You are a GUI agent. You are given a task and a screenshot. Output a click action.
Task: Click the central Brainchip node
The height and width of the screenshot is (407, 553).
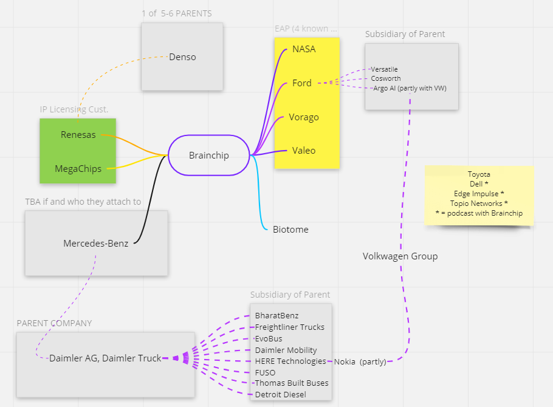point(208,156)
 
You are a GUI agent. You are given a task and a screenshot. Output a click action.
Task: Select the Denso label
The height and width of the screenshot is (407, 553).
point(182,57)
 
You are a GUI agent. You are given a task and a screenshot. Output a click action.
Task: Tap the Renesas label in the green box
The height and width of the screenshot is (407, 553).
point(78,135)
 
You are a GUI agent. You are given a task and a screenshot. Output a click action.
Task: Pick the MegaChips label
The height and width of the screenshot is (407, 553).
point(78,168)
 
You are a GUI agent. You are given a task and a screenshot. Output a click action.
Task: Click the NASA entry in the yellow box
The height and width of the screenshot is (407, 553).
point(304,49)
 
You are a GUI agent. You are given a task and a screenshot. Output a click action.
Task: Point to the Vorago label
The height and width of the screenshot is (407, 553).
point(304,117)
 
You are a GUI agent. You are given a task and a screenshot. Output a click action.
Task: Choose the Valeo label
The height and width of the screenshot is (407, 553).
point(304,151)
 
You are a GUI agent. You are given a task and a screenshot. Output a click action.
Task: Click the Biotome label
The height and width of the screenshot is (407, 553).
point(290,230)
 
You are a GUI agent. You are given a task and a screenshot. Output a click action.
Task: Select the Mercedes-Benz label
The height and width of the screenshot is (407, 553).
point(96,244)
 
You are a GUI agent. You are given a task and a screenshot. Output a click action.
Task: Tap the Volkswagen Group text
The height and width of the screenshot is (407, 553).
point(400,256)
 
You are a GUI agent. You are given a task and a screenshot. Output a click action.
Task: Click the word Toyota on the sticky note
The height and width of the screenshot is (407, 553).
point(479,174)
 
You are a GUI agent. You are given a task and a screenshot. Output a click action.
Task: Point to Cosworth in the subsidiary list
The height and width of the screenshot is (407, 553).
point(385,78)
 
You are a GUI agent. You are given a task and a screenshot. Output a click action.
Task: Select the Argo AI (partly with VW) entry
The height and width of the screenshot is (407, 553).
point(410,88)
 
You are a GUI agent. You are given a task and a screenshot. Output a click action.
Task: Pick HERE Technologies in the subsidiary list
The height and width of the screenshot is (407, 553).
point(290,361)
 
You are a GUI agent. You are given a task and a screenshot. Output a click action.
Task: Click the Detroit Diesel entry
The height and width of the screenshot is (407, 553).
point(280,395)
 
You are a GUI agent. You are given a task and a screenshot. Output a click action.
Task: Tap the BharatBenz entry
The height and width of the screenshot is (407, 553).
point(276,316)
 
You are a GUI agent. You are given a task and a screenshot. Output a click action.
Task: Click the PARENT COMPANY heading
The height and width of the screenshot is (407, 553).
point(54,323)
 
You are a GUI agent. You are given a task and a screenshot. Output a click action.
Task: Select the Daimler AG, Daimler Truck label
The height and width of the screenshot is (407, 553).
point(105,358)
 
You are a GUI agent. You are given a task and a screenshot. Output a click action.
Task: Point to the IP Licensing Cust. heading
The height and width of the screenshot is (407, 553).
point(74,109)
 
